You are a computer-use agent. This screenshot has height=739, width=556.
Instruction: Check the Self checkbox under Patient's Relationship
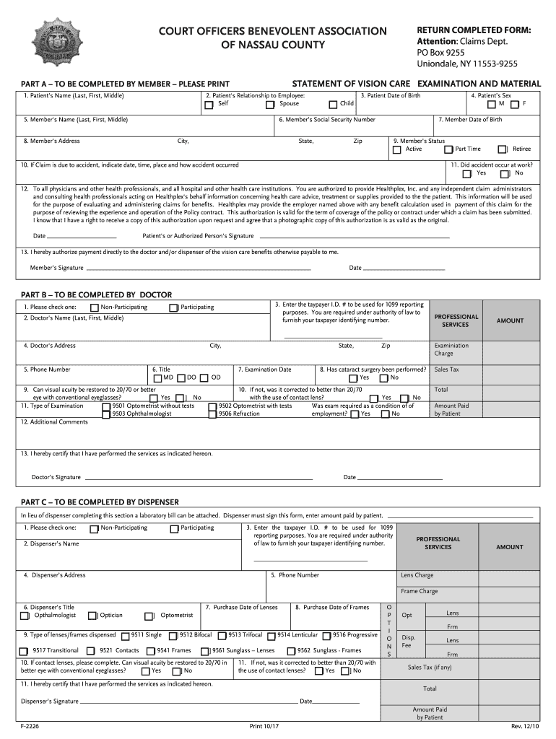coord(209,105)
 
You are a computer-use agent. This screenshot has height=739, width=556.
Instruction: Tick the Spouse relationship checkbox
coord(270,105)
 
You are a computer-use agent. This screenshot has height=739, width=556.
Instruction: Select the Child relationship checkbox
coord(334,105)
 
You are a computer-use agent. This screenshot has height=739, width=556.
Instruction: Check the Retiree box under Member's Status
coord(503,150)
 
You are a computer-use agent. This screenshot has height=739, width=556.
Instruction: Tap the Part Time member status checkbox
coord(448,150)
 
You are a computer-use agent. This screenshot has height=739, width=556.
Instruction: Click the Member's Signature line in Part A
coord(198,268)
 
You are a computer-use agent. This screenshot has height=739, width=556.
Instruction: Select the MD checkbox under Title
coord(157,378)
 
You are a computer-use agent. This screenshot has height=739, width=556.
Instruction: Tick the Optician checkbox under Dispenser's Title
coord(92,616)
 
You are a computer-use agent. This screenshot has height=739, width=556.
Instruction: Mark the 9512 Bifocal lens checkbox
coord(173,636)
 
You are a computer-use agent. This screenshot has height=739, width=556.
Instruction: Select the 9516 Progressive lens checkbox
coord(326,636)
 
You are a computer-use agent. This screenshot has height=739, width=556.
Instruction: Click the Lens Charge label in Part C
coord(417,575)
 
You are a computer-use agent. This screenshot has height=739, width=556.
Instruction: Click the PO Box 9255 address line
coord(440,52)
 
